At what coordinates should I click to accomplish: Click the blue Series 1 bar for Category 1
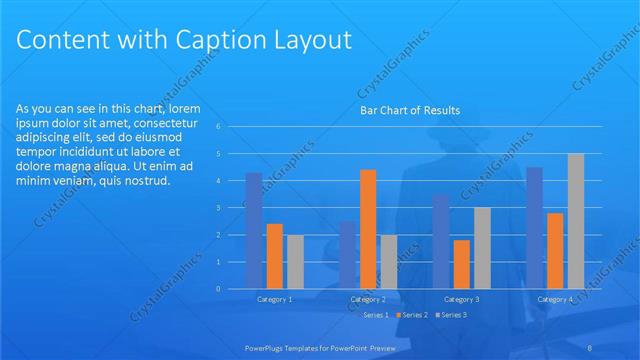[x=254, y=231]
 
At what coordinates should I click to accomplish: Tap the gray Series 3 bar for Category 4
[x=576, y=221]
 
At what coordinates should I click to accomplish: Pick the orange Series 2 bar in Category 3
[x=461, y=264]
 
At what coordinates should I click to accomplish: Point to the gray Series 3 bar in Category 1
[x=295, y=262]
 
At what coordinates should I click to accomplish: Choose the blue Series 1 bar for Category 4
[x=534, y=228]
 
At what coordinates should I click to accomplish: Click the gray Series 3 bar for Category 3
[x=482, y=248]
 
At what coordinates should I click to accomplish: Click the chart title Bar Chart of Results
[x=410, y=111]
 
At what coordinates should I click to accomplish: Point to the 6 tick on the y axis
[x=232, y=127]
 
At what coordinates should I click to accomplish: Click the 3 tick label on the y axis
[x=232, y=208]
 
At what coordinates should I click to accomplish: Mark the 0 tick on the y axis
[x=232, y=289]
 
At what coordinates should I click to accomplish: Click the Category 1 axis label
[x=275, y=300]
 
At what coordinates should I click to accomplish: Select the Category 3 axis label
[x=461, y=300]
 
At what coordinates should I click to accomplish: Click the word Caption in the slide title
[x=211, y=41]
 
